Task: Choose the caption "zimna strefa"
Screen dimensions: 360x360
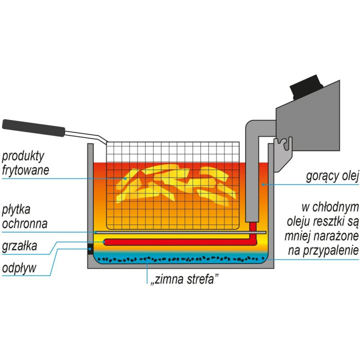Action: (183, 280)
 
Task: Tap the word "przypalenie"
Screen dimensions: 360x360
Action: (330, 250)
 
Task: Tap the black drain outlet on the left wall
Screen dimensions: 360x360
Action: (90, 248)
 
